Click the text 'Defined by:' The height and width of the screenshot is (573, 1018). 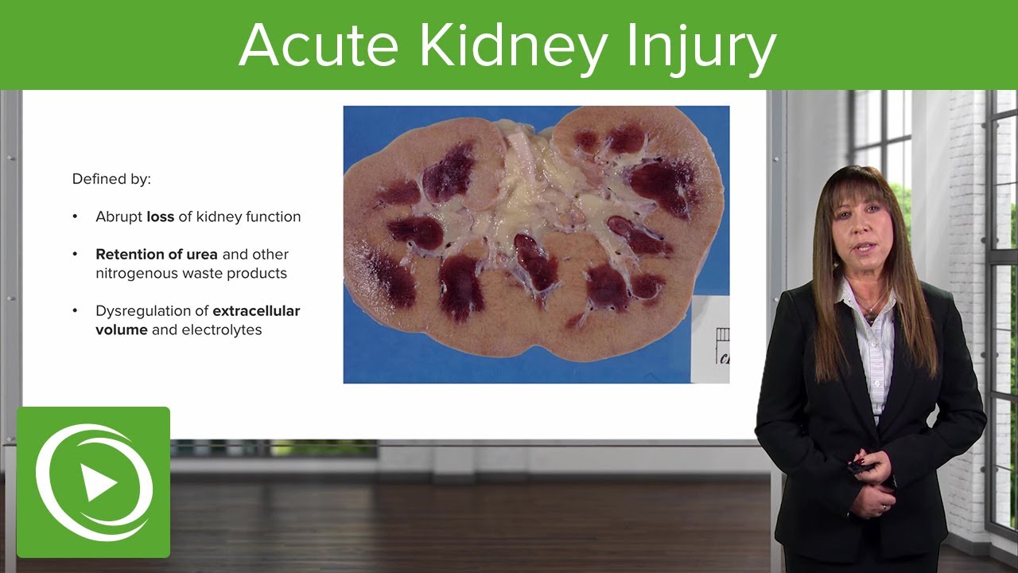point(111,179)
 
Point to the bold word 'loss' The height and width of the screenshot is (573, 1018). point(160,216)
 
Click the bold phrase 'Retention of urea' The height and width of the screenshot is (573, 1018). point(157,255)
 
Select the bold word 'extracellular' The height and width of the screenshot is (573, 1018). point(256,311)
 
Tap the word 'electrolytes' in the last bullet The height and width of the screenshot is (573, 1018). point(222,329)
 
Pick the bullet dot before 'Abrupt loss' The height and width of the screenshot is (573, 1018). point(76,216)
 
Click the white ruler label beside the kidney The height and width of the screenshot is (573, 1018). point(712,338)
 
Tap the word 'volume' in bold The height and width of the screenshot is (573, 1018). point(122,329)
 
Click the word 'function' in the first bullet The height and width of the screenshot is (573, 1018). point(274,216)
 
